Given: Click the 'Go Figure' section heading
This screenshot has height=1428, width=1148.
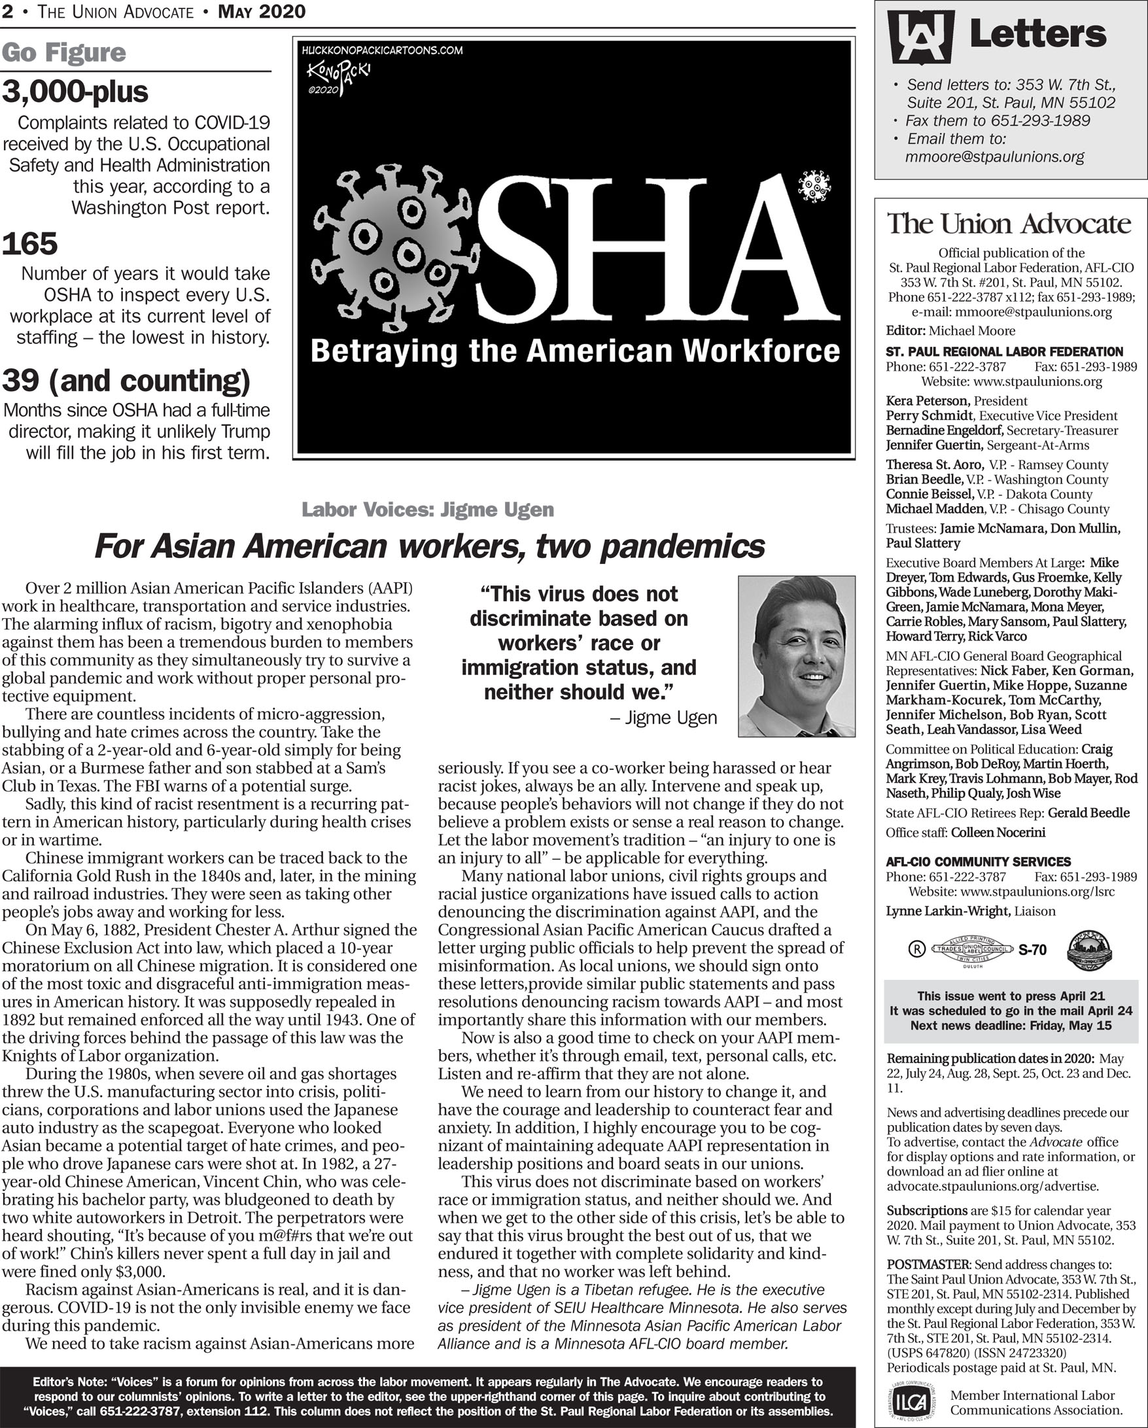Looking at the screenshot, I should point(63,53).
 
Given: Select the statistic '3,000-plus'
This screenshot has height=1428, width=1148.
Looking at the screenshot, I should point(75,93).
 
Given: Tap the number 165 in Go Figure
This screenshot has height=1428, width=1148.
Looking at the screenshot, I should point(30,244).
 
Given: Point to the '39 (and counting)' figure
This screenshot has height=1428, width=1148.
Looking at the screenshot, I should point(126,381).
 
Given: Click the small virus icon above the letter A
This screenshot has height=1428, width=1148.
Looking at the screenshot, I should point(814,186).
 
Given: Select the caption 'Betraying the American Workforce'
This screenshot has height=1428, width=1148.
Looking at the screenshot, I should point(574,351).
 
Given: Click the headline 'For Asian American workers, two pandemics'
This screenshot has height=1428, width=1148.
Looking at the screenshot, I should point(429,546).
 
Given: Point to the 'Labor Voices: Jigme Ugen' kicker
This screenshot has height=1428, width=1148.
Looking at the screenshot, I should point(427,510).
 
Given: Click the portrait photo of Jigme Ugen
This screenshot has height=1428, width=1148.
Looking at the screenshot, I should point(796,655).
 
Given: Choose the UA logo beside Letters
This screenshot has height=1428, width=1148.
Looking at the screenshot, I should point(921,37).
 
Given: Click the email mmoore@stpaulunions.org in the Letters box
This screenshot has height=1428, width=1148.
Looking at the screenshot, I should point(994,157).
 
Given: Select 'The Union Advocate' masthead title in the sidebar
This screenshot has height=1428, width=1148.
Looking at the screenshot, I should point(1009,224).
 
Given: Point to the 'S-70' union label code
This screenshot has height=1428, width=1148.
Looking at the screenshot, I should point(1032,950).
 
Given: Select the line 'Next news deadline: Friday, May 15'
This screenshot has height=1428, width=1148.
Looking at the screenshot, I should point(1010,1026).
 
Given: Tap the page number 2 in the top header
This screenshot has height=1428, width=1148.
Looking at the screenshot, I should point(7,12).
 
